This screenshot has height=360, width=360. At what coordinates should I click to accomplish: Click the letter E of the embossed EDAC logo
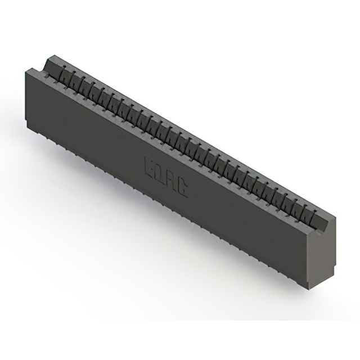[150, 166]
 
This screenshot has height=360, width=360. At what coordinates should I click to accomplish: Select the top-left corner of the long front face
[26, 69]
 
